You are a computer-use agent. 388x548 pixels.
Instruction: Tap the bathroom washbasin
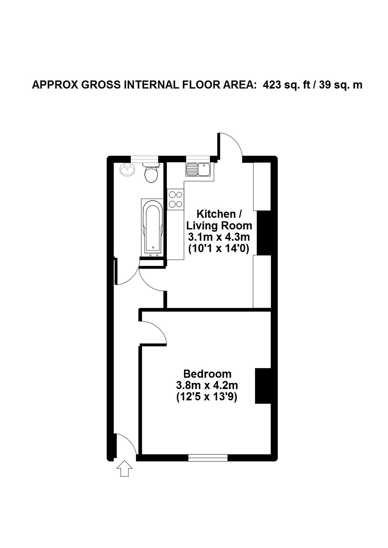pos(127,169)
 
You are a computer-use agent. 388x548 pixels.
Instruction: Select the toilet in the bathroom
pos(151,172)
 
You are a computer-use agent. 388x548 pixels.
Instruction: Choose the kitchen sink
pos(198,169)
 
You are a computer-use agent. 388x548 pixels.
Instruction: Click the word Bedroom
pos(207,374)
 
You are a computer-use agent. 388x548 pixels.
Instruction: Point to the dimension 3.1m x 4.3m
pos(219,237)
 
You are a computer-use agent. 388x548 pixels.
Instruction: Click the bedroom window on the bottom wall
pos(208,458)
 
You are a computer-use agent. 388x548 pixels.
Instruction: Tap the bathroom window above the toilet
pos(145,159)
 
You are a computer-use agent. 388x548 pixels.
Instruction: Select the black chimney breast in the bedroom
pos(263,385)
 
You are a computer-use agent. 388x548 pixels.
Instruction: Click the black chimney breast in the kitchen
pos(264,233)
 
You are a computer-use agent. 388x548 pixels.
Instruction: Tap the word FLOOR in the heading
pos(196,85)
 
